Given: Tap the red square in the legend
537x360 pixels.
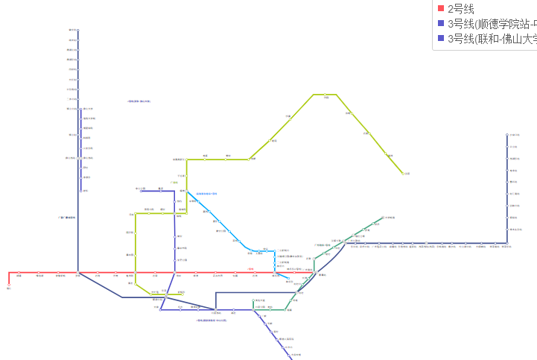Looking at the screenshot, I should [x=441, y=9].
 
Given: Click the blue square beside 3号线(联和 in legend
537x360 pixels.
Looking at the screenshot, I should [x=441, y=39].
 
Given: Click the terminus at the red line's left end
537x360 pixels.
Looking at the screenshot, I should [x=9, y=284].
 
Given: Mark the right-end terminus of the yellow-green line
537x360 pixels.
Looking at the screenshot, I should [x=404, y=174].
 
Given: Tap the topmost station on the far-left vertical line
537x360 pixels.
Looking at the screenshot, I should [x=77, y=31].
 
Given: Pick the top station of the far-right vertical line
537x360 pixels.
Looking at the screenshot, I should [x=507, y=135].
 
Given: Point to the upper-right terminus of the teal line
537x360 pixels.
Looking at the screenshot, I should [x=384, y=218].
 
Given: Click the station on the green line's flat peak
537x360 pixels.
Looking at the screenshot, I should [x=325, y=95].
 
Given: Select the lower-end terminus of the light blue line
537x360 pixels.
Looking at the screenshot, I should [x=288, y=280].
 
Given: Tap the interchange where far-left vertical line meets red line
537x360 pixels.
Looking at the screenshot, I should [x=77, y=273].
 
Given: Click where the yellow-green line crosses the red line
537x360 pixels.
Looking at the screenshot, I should [x=136, y=273].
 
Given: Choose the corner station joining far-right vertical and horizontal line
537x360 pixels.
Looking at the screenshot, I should [x=507, y=243].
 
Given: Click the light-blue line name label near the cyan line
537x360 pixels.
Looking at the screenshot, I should [x=206, y=194].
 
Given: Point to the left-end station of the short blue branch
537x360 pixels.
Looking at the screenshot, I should [x=142, y=191].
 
